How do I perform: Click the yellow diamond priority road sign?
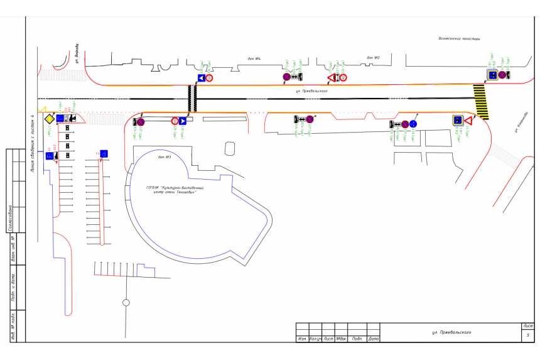click(x=48, y=118)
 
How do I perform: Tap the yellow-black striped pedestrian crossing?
click(x=482, y=102)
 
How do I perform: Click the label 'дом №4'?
click(x=254, y=59)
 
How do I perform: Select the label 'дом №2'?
click(x=374, y=58)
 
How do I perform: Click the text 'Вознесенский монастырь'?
click(x=459, y=38)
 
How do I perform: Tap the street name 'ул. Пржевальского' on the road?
click(x=313, y=90)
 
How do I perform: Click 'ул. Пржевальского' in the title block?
click(x=451, y=332)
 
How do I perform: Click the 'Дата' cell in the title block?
click(x=374, y=339)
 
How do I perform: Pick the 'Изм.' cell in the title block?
click(x=302, y=339)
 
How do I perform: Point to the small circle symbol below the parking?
click(x=126, y=302)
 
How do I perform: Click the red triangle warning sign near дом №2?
click(x=332, y=78)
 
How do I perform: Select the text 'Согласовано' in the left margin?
click(x=11, y=217)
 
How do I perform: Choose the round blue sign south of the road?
click(x=413, y=124)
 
